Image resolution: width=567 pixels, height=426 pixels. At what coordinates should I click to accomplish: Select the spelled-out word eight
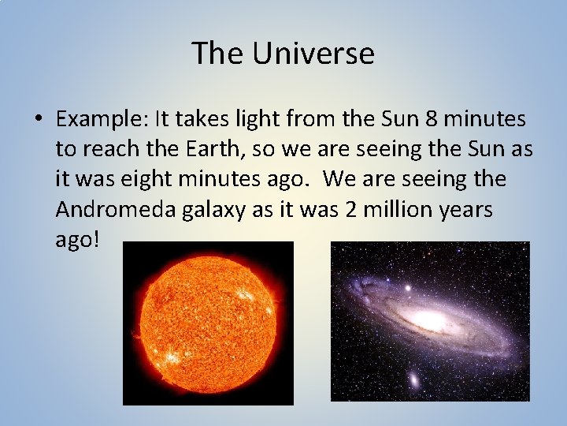[x=165, y=180]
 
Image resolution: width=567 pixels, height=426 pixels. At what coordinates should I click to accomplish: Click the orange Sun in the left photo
[x=208, y=323]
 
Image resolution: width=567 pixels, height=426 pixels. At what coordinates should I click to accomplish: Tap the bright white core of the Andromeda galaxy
[x=428, y=320]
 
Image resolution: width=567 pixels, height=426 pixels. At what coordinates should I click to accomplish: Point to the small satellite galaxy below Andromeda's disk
[x=413, y=381]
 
